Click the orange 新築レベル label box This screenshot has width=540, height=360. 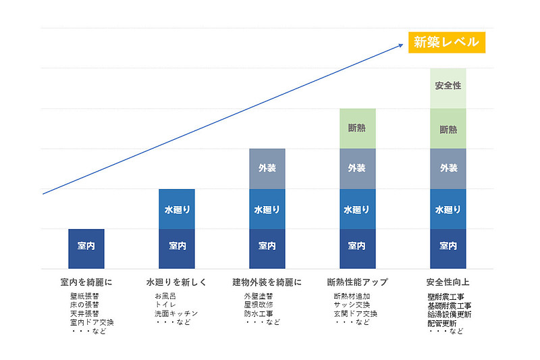(446, 42)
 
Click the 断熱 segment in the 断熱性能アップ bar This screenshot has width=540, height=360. (357, 128)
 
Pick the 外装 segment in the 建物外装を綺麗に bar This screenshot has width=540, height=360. (267, 168)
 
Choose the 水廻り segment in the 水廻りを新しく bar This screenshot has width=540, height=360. (177, 209)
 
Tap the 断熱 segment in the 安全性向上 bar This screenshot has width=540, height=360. (448, 128)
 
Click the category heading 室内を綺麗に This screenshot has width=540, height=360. (86, 282)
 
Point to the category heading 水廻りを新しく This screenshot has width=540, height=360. (176, 282)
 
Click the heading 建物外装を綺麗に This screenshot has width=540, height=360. (267, 282)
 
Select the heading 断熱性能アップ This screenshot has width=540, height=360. (357, 282)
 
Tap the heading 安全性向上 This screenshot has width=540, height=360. (449, 282)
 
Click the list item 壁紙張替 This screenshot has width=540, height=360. (84, 297)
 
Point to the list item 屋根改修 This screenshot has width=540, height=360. (258, 305)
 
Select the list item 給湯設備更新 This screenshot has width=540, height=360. (449, 314)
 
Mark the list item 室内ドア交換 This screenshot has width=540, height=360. (92, 323)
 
